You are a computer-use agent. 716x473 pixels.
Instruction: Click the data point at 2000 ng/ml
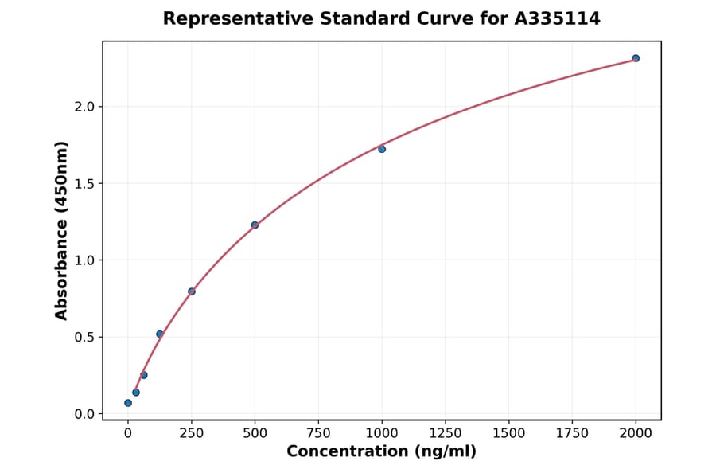coord(636,58)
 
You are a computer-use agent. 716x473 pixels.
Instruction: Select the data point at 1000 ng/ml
coord(382,149)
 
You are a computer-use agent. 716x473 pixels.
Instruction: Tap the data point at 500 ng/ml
coord(255,225)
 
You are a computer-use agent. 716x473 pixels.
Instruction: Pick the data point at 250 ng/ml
coord(192,291)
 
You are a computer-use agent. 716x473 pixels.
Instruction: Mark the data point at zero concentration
coord(128,403)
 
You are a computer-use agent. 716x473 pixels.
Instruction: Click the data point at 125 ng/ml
coord(160,334)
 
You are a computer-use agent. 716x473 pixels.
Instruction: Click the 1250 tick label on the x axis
coord(446,433)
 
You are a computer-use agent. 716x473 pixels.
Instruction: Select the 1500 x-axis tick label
coord(509,433)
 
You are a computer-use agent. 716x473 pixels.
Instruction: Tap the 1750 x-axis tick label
coord(573,433)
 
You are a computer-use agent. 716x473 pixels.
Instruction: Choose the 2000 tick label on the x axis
coord(636,433)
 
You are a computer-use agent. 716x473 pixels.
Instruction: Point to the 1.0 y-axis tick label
coord(84,260)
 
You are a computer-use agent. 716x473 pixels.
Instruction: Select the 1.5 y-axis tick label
coord(84,184)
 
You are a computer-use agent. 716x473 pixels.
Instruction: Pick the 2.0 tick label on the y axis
coord(84,107)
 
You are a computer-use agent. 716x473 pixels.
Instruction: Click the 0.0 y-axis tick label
coord(84,414)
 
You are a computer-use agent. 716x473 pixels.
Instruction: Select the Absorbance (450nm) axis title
coord(62,230)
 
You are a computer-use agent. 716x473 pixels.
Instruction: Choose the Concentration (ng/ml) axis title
coord(381,452)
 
